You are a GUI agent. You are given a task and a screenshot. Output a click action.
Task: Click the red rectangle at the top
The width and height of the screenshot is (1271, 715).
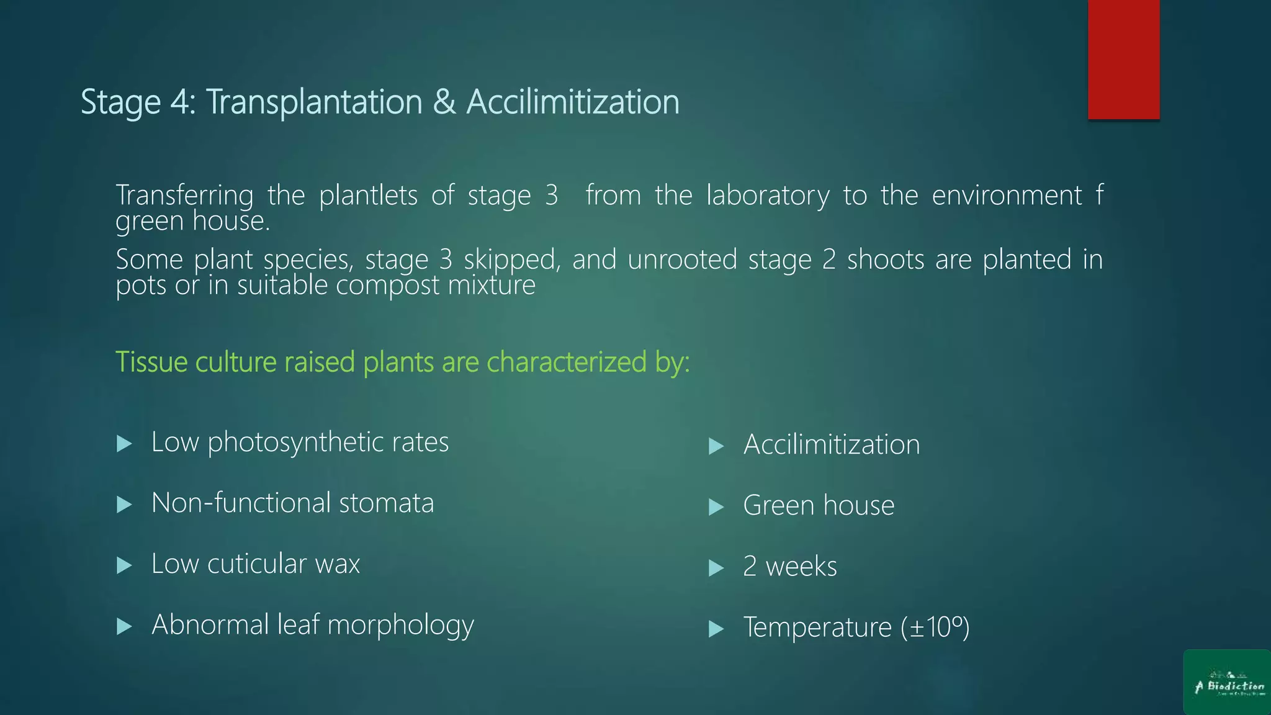[x=1123, y=59]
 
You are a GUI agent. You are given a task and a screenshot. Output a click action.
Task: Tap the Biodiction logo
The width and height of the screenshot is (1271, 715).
[x=1227, y=682]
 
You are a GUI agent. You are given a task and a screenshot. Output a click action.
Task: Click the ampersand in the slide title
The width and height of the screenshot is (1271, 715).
[x=444, y=102]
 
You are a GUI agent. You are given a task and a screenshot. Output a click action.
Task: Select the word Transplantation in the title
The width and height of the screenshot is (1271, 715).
[x=314, y=102]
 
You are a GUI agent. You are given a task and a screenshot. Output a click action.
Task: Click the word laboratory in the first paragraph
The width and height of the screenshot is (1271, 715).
[x=768, y=196]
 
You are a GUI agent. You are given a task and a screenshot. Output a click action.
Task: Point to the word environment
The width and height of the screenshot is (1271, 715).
[x=1007, y=196]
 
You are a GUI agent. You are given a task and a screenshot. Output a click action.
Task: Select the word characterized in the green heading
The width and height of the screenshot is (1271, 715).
[x=566, y=362]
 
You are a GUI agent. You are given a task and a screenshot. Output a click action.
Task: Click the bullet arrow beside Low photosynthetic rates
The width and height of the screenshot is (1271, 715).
[x=125, y=444]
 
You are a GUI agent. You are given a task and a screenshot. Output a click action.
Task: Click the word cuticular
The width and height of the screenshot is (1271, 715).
[x=257, y=564]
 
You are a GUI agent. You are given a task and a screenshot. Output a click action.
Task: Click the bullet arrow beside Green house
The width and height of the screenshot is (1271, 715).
[x=717, y=507]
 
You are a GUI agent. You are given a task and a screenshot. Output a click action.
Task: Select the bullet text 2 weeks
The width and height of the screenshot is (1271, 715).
[x=790, y=567]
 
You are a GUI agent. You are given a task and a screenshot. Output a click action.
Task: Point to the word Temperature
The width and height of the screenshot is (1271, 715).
[x=817, y=627]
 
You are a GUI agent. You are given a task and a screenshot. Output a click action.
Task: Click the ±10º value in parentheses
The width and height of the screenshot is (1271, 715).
[x=935, y=627]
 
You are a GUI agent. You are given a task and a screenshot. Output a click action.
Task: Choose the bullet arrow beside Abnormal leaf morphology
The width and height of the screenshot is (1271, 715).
[x=125, y=626]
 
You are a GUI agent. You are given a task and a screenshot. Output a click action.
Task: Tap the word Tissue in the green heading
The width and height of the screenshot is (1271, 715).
[x=151, y=362]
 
